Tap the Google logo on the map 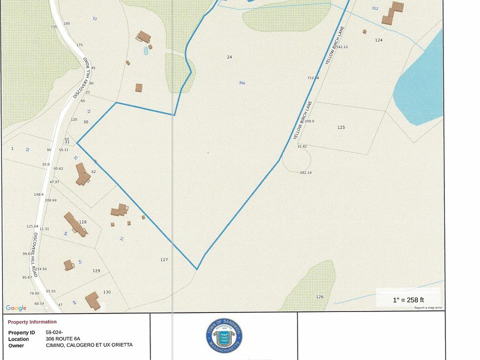(16, 308)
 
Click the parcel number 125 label (341, 127)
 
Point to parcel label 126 (319, 297)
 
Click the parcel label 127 (164, 260)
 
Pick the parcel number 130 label (107, 292)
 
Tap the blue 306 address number (242, 83)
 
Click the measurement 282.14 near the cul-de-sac (306, 172)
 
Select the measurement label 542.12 (341, 47)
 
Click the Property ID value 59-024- (54, 332)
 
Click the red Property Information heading (32, 322)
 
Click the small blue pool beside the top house (146, 50)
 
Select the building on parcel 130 (92, 300)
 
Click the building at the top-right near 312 (393, 13)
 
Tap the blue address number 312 (375, 8)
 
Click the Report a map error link (428, 307)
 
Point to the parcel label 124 (378, 40)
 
